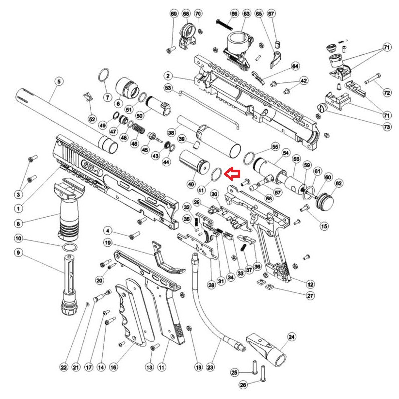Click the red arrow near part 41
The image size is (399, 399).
click(x=233, y=174)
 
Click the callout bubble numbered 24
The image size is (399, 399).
click(x=292, y=337)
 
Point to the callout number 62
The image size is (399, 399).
click(x=339, y=183)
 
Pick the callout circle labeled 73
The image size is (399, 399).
click(x=387, y=127)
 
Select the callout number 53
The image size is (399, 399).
click(x=168, y=88)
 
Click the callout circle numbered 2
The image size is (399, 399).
click(x=168, y=76)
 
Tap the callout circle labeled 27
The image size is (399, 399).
click(x=310, y=296)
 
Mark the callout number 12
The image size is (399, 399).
click(x=310, y=284)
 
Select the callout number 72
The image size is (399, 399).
click(x=387, y=93)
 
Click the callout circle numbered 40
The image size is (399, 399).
click(x=190, y=184)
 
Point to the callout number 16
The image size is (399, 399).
click(x=113, y=367)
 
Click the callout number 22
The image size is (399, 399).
click(x=63, y=367)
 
